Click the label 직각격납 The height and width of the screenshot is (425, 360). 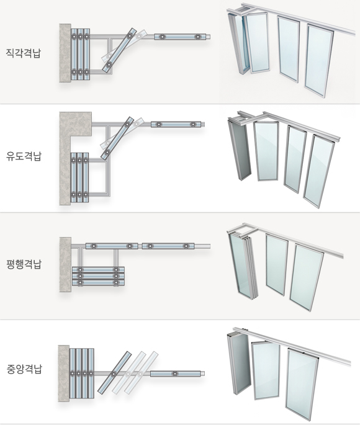click(x=24, y=53)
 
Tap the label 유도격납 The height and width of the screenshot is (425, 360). click(x=24, y=156)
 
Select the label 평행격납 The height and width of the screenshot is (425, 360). click(x=24, y=264)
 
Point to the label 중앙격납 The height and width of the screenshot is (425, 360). click(x=24, y=369)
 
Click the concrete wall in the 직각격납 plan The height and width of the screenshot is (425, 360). click(x=65, y=53)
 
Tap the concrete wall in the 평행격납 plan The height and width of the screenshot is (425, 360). click(x=65, y=264)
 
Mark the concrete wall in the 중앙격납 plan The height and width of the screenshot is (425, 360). click(x=64, y=374)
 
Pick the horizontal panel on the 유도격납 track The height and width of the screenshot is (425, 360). click(x=176, y=125)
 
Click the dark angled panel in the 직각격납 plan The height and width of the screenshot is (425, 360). click(x=119, y=50)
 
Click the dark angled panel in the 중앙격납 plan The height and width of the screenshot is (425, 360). click(x=114, y=373)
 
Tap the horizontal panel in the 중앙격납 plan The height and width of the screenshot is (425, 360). click(x=176, y=374)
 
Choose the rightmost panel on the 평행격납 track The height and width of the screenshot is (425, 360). click(x=168, y=246)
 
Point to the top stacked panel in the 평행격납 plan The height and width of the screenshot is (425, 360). click(x=99, y=270)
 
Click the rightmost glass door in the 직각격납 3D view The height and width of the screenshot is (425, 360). click(x=319, y=61)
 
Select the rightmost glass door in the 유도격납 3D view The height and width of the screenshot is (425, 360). click(x=319, y=171)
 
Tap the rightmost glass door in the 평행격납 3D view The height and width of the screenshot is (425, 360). click(x=307, y=277)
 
